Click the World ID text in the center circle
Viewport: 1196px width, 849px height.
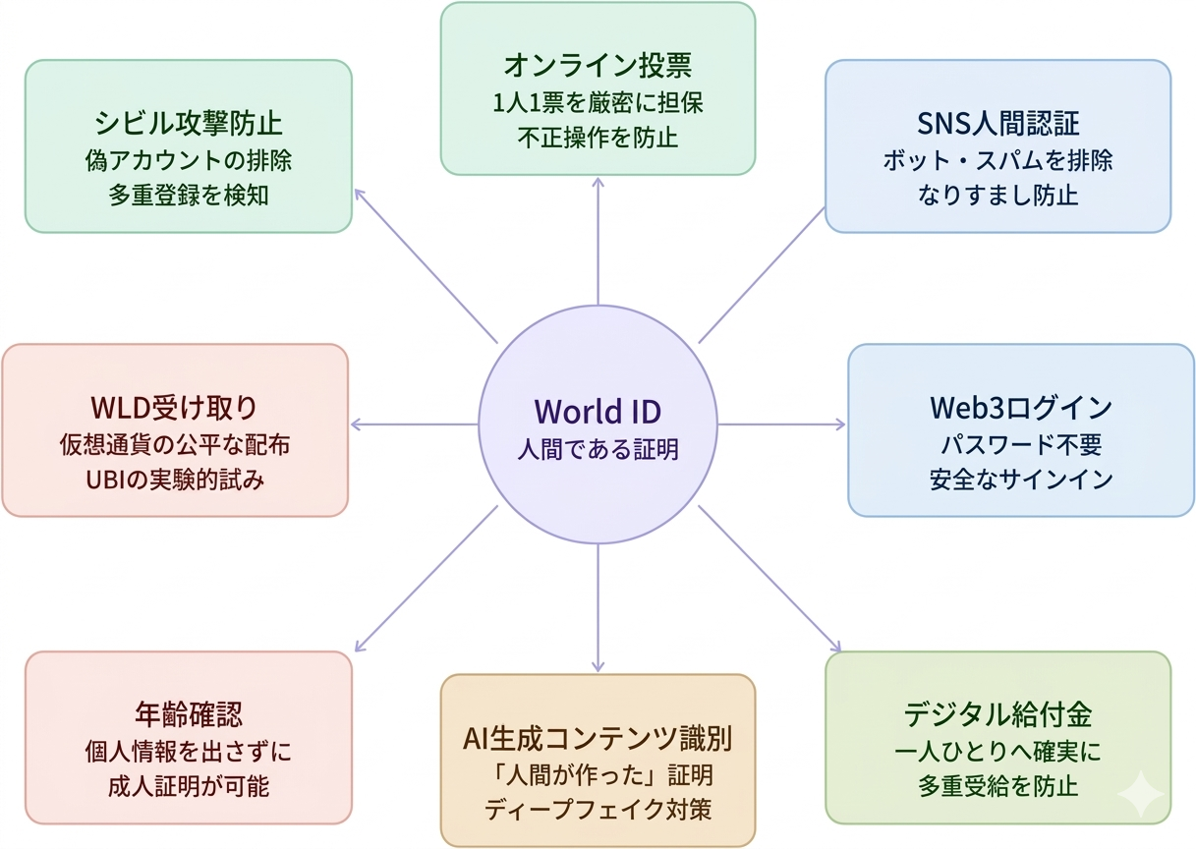click(x=598, y=410)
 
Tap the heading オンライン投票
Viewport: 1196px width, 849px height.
click(x=598, y=66)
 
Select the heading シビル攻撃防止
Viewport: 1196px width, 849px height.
click(x=188, y=123)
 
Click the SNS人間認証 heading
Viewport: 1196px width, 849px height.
click(x=997, y=123)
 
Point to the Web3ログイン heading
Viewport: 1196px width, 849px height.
click(x=1021, y=407)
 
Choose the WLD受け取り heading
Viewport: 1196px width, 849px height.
click(x=175, y=407)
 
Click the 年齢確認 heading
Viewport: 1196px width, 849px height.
click(x=188, y=714)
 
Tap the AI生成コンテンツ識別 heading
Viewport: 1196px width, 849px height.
click(x=598, y=737)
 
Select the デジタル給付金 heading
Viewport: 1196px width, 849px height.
click(x=997, y=714)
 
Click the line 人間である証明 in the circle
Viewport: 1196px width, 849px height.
click(x=598, y=449)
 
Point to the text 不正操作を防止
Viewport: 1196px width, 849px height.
click(x=598, y=137)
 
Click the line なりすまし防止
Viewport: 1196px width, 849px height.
click(x=997, y=195)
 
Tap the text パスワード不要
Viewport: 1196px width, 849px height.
click(x=1021, y=444)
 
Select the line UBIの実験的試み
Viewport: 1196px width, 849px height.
click(x=175, y=481)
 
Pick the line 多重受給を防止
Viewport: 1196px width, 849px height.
click(x=997, y=786)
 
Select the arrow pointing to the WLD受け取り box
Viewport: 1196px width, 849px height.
click(x=413, y=424)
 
